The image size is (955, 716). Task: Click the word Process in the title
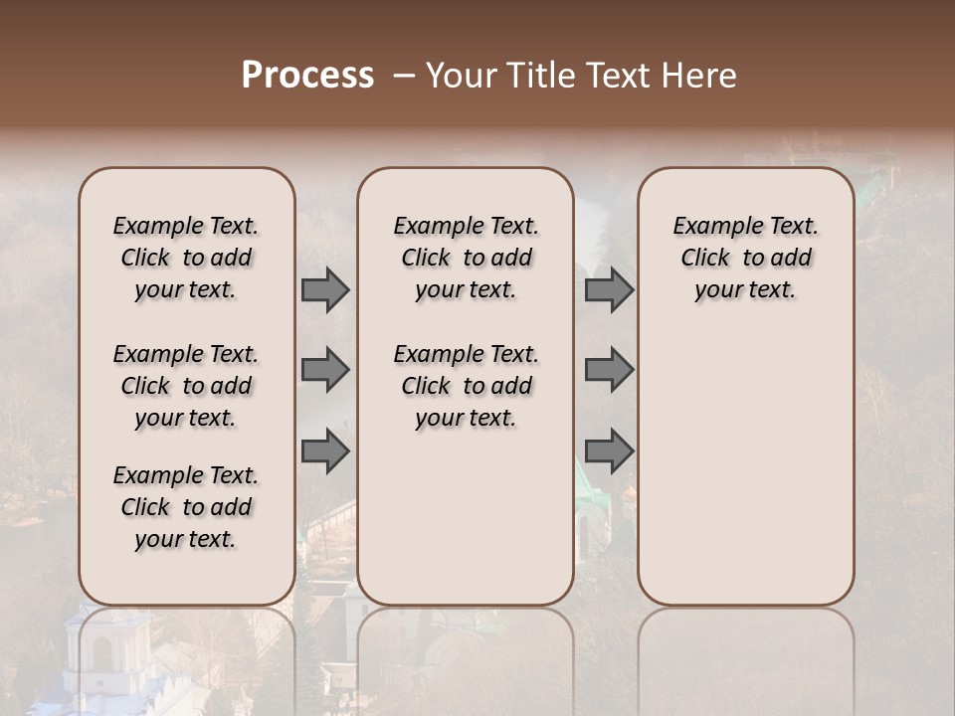pos(307,76)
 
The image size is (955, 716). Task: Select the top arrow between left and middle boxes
pos(325,290)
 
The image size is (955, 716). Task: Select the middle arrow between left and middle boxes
pos(325,370)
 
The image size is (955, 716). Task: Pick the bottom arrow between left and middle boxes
pos(325,450)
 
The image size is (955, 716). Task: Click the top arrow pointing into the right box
pos(609,290)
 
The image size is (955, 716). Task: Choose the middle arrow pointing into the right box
pos(609,370)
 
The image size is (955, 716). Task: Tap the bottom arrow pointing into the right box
pos(609,450)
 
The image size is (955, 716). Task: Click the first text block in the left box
pos(186,258)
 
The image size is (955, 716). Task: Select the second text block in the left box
pos(186,386)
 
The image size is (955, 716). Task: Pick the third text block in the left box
pos(186,507)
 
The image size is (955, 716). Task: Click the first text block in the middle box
pos(466,258)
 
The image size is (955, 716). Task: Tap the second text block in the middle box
pos(466,386)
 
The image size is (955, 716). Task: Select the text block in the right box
pos(745,258)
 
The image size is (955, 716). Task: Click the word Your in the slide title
pos(460,76)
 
